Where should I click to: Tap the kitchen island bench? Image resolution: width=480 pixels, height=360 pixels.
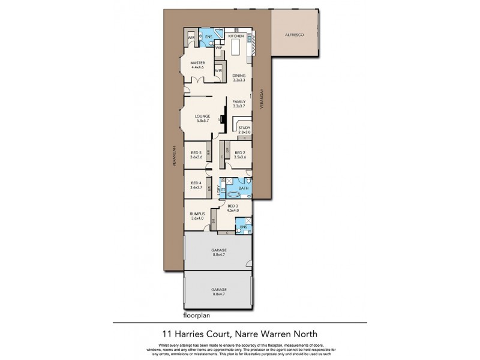coord(235,47)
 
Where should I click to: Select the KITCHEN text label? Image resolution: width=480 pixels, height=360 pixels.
coord(236,36)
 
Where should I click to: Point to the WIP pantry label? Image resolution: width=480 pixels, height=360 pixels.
coord(219,47)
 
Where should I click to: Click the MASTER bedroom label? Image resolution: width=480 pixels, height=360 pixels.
coord(198,62)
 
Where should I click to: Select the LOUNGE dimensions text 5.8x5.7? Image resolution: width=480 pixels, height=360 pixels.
coord(202,121)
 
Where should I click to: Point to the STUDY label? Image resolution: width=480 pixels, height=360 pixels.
coord(243,127)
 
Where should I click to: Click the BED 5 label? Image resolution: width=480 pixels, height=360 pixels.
coord(195,152)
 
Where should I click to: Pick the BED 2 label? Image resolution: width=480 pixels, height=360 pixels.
coord(240,152)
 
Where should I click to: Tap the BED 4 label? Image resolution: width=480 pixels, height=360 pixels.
coord(195,183)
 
